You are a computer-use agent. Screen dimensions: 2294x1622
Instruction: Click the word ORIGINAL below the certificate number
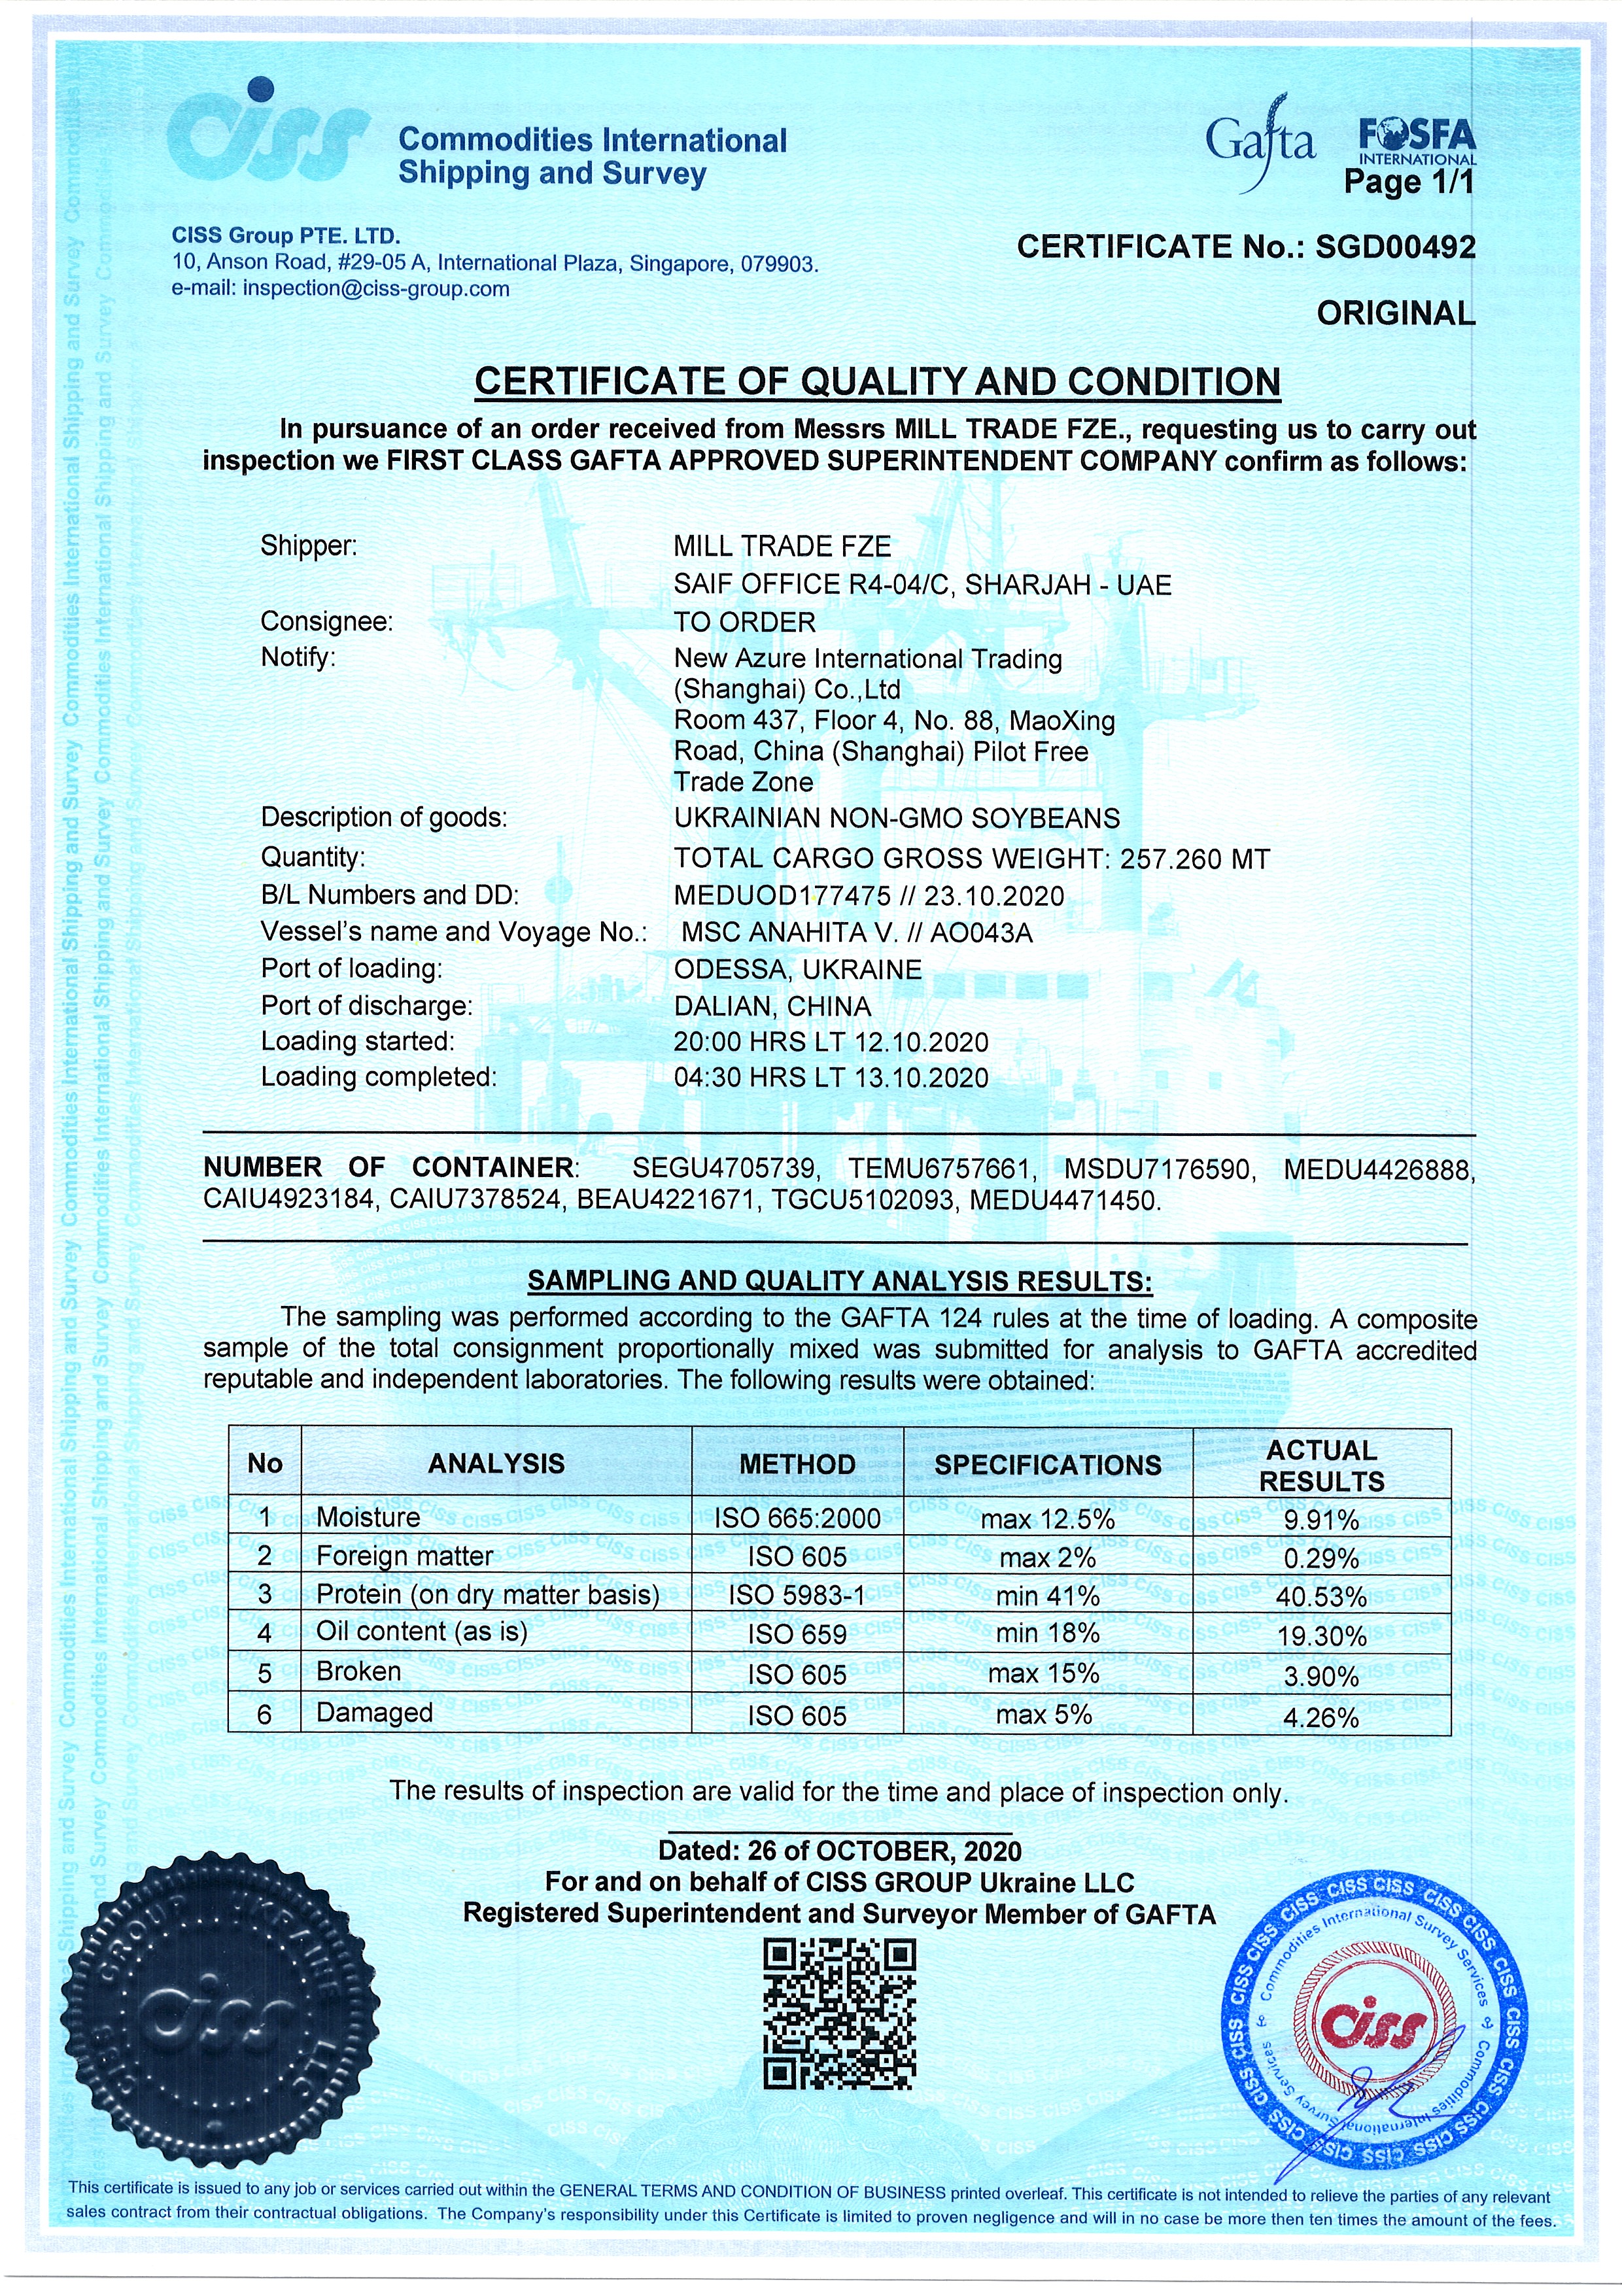[x=1395, y=314]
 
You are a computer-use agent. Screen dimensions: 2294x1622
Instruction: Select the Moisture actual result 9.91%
[x=1320, y=1520]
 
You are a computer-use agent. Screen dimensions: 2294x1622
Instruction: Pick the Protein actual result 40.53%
[x=1320, y=1597]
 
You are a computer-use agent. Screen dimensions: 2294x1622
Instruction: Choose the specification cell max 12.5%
[x=1046, y=1520]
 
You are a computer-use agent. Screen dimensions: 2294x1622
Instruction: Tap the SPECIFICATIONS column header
[x=1047, y=1465]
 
